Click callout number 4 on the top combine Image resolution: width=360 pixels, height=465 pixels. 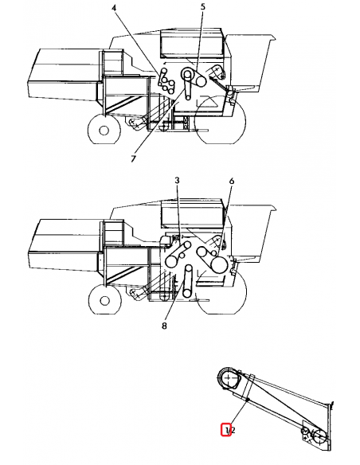tap(114, 7)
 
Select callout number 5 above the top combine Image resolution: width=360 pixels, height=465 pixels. tap(202, 6)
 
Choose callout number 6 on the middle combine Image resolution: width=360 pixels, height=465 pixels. tap(231, 182)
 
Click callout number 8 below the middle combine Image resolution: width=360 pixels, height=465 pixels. tap(165, 325)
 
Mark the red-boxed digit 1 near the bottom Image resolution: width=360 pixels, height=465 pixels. tap(226, 431)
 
